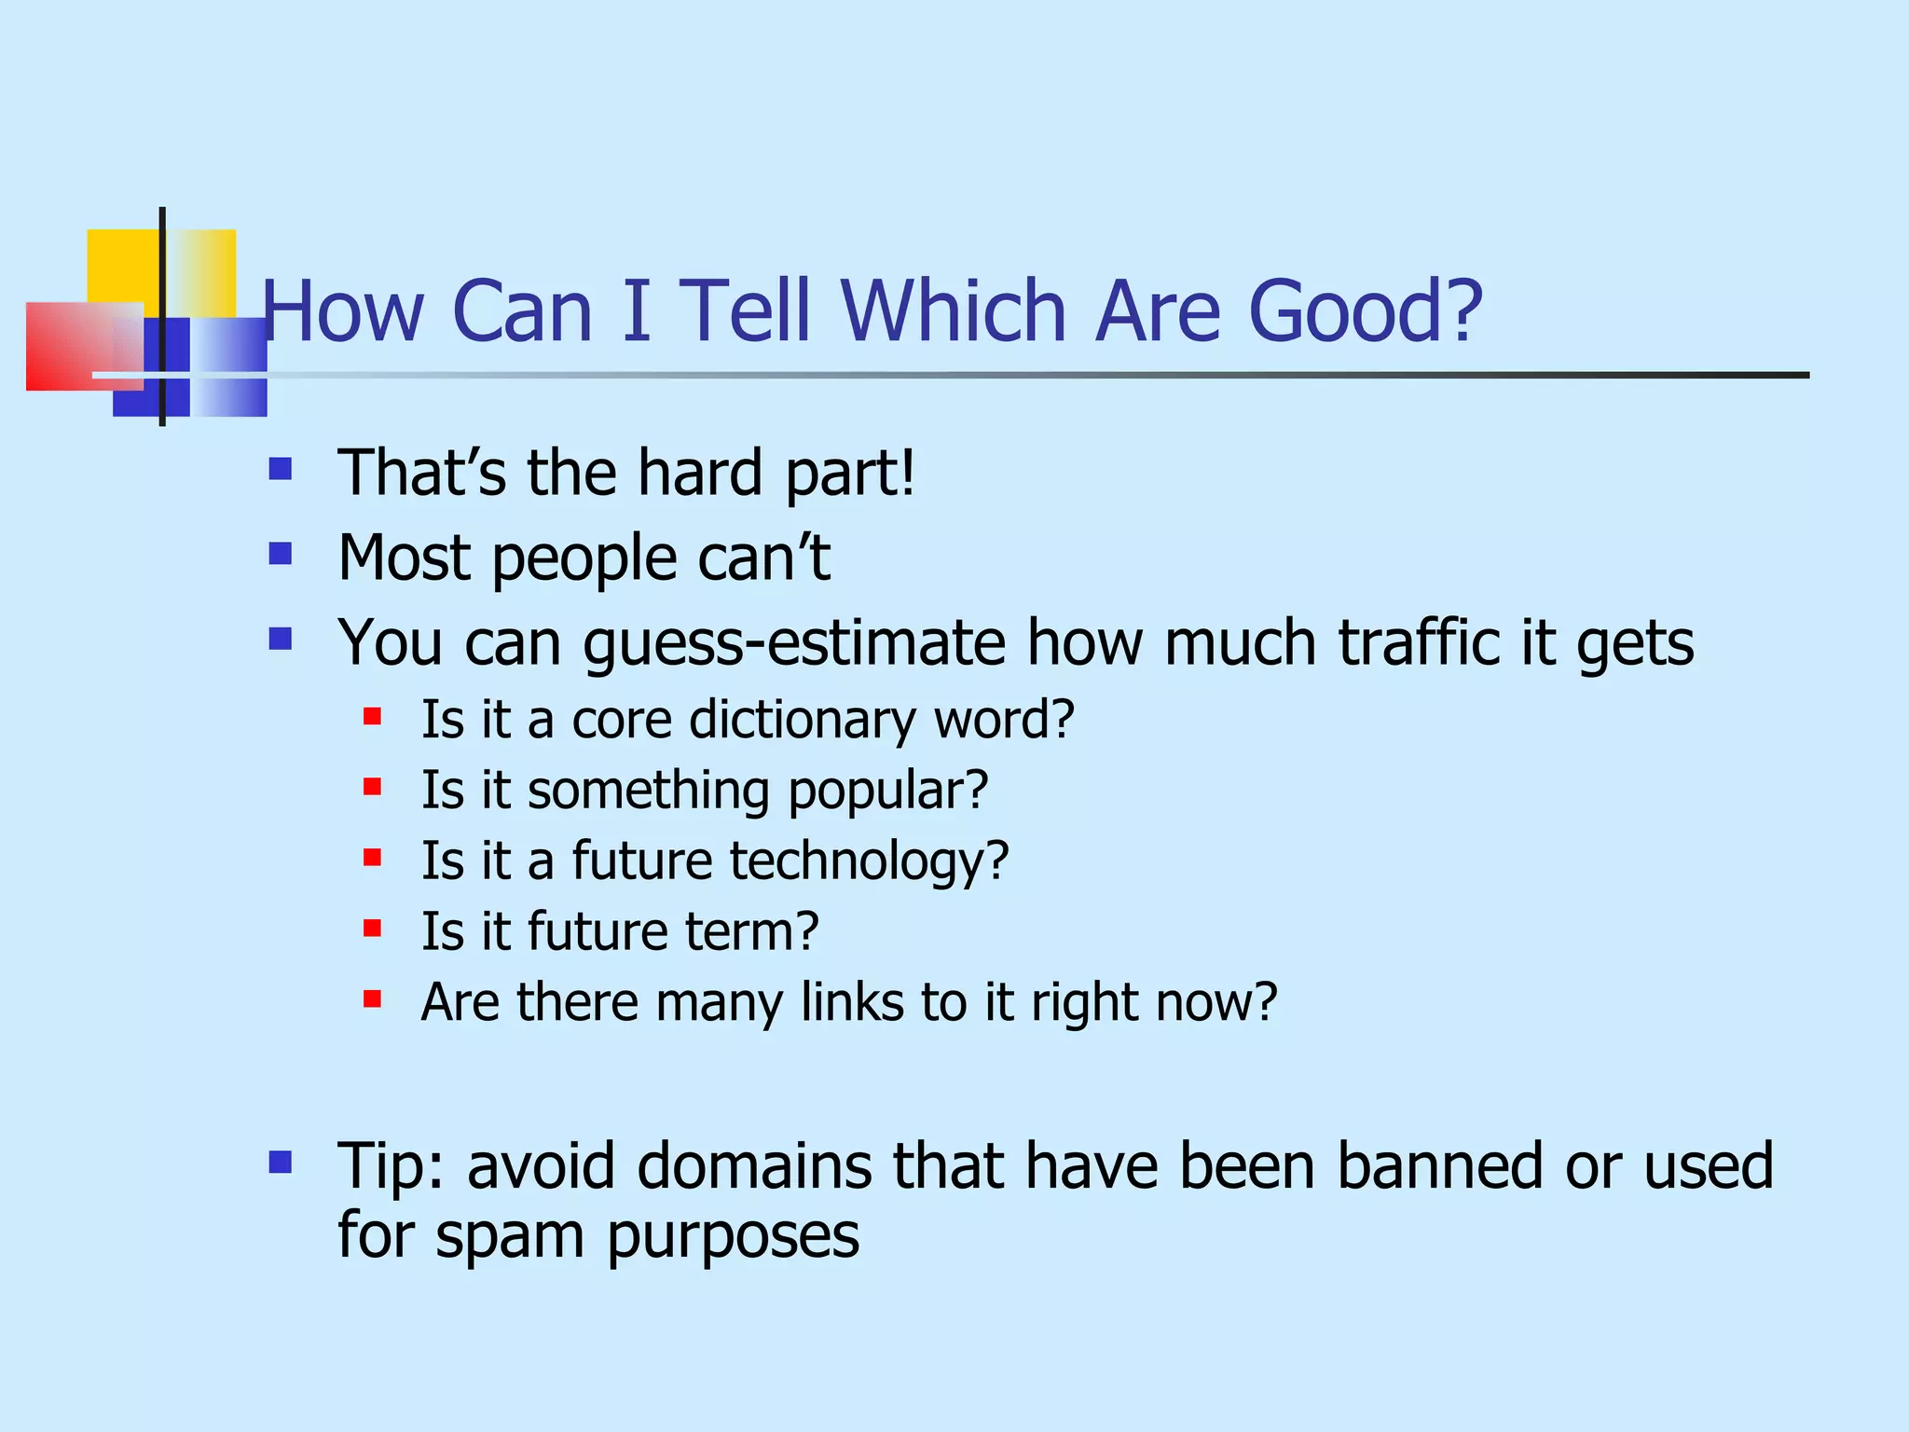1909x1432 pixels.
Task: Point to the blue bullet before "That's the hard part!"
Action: click(280, 468)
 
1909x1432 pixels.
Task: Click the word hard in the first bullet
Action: click(700, 473)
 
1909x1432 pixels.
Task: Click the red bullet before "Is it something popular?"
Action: click(372, 788)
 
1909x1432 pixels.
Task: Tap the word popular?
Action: click(887, 792)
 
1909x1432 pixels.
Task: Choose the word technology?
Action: click(869, 861)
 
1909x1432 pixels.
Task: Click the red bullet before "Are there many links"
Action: click(372, 999)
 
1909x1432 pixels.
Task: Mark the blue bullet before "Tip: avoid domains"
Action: click(280, 1162)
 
